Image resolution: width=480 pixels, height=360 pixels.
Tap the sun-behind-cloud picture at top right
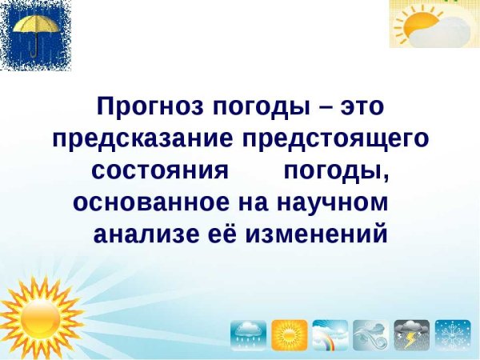tap(434, 24)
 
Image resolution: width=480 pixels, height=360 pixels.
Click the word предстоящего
tap(336, 139)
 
